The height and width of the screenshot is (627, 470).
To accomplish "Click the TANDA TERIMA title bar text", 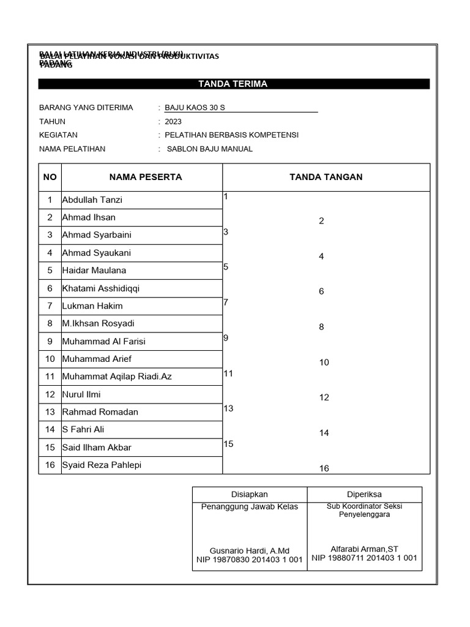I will click(233, 84).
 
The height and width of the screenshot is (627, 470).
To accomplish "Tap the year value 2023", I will click(173, 122).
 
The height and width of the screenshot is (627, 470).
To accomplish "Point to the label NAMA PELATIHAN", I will click(72, 149).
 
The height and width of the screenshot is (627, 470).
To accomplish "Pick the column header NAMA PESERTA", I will click(146, 177).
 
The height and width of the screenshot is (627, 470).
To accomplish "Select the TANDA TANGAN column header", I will click(326, 177).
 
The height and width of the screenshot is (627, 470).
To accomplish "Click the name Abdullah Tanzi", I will click(92, 200).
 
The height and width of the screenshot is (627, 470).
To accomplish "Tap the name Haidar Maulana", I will click(94, 270).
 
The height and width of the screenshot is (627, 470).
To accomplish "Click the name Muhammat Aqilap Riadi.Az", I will click(117, 376).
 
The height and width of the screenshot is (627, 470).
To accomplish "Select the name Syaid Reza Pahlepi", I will click(102, 465).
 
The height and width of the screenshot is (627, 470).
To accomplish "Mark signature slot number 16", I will click(324, 468).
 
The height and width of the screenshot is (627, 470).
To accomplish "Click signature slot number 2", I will click(321, 221).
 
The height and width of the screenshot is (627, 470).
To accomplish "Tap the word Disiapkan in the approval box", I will click(249, 494).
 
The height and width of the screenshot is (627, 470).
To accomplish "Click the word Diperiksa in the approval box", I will click(364, 494).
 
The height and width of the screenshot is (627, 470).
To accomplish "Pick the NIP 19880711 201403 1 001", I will click(364, 558).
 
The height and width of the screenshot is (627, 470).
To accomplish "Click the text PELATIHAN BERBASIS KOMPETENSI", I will click(231, 135).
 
